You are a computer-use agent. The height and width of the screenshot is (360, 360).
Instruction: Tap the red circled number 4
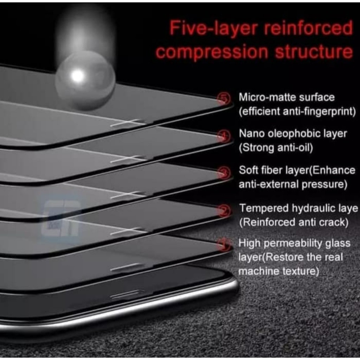tap(224, 136)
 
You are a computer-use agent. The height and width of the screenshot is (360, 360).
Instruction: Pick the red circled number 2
tap(224, 211)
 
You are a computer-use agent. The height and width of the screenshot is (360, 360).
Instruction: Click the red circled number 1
tap(224, 244)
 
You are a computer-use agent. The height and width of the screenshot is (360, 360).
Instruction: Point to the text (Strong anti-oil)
tap(276, 148)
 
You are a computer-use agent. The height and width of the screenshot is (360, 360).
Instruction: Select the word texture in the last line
tap(301, 271)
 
